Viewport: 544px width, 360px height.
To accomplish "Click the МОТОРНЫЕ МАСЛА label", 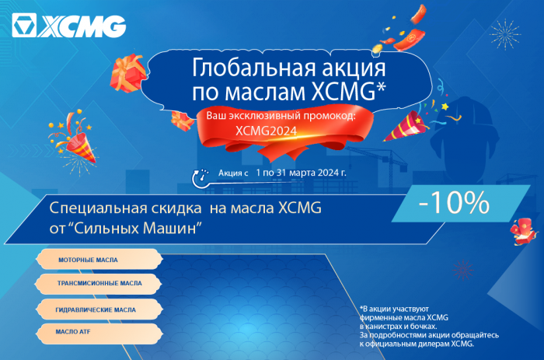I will pos(88,259).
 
